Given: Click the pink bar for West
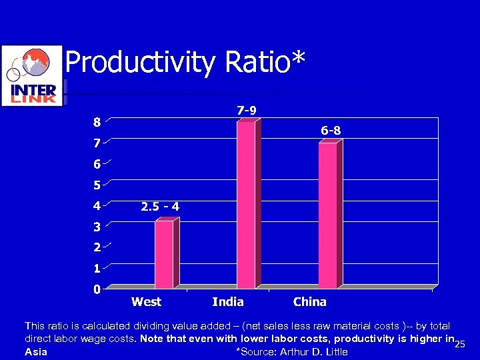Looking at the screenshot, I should point(164,254).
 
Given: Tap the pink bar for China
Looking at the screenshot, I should point(328,215).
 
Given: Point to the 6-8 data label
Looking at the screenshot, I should point(331,131).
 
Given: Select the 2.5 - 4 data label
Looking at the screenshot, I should point(160,207).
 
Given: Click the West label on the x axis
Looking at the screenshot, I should point(147,302).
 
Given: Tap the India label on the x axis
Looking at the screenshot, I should point(228,302).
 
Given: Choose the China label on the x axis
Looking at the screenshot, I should point(310,302).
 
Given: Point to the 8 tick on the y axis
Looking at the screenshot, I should point(97,122).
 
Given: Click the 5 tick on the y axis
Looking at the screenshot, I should point(97,185).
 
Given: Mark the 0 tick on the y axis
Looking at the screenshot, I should point(97,289).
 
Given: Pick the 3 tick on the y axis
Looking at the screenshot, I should point(97,227).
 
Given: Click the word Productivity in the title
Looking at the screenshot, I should point(141,63).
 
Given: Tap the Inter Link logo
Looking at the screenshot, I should point(31,75).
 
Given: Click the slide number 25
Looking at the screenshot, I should point(458,344).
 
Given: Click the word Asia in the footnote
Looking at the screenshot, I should point(35,352).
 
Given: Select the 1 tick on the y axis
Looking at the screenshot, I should point(97,269).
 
